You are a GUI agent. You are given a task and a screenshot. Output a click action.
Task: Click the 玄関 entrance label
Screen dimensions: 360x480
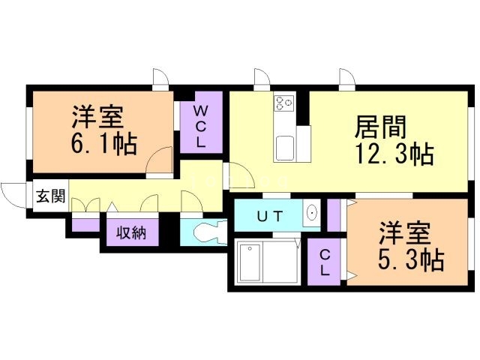(x=51, y=197)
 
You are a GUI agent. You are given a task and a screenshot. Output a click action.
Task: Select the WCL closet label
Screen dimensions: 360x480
(x=201, y=125)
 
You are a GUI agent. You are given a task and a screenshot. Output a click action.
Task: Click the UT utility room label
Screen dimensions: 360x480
(x=270, y=217)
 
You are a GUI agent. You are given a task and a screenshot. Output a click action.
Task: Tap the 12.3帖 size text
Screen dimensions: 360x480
(x=392, y=154)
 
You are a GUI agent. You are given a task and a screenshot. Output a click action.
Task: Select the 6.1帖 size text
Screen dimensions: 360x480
(x=103, y=144)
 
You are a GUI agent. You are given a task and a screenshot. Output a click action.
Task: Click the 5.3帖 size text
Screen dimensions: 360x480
(x=409, y=260)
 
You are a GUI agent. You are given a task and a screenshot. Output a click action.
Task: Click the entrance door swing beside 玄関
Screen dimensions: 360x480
(x=13, y=195)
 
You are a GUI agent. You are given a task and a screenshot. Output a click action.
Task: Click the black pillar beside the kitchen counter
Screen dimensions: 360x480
(x=303, y=108)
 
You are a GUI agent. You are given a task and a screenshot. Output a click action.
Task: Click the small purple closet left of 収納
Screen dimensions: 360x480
(x=85, y=223)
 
